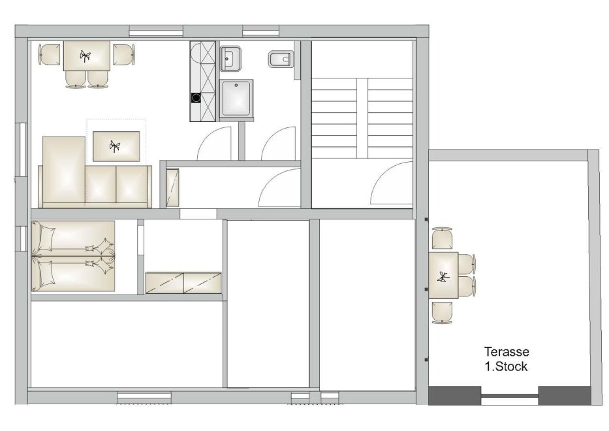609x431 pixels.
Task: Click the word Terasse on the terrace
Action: click(507, 351)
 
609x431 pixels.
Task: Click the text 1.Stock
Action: click(506, 366)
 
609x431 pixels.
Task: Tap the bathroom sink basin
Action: click(230, 59)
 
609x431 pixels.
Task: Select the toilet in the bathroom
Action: click(279, 59)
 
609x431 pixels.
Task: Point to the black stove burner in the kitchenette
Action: click(196, 98)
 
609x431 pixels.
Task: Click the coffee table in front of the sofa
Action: click(116, 146)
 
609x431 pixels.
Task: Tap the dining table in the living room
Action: click(87, 56)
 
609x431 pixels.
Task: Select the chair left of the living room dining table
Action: click(50, 55)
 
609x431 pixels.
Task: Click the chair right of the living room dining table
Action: click(124, 55)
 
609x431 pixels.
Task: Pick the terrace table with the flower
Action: click(443, 276)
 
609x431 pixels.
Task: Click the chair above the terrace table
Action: click(442, 238)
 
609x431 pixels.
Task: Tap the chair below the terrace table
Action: click(442, 312)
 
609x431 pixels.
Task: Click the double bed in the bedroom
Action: click(73, 256)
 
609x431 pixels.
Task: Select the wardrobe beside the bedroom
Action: click(183, 283)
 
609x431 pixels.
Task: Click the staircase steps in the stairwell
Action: click(362, 118)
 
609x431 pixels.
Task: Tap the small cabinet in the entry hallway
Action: click(172, 187)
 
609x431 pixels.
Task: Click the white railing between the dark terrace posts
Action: click(510, 396)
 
